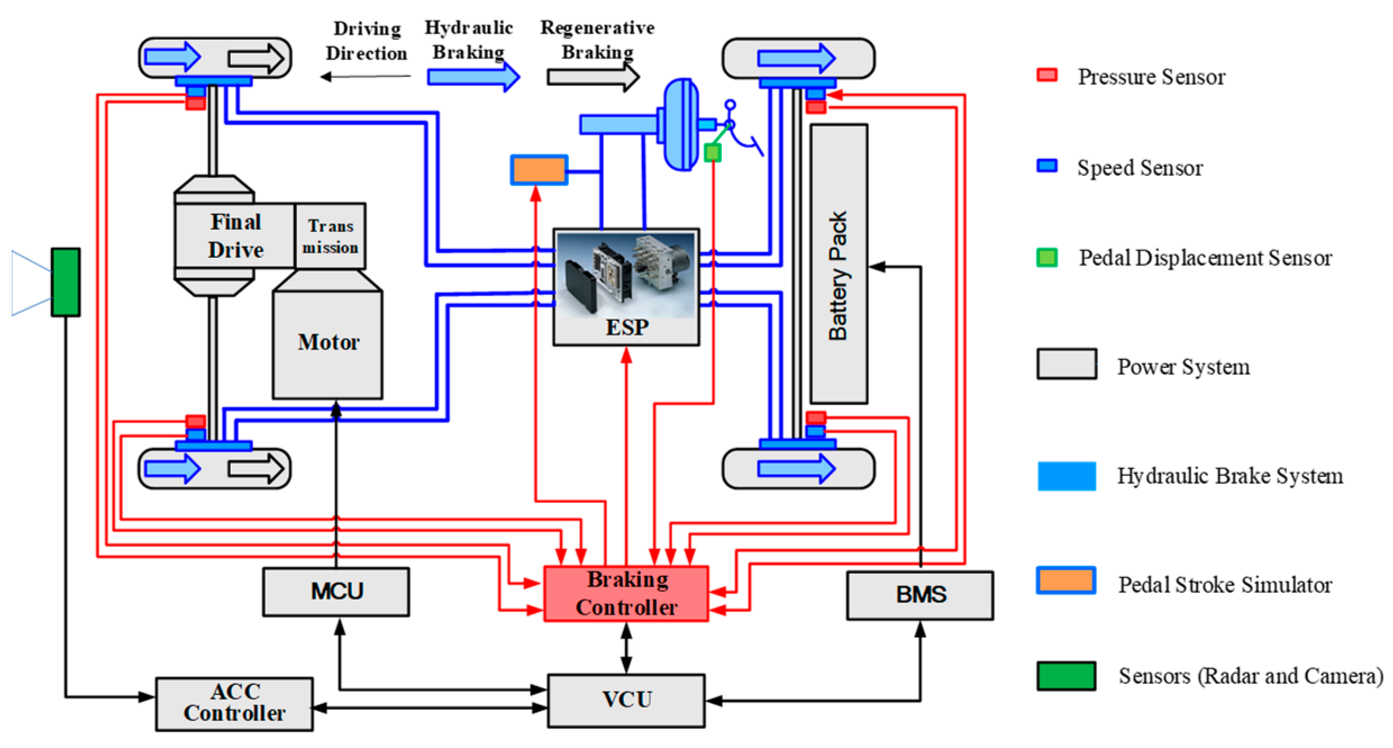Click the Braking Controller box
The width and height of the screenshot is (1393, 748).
[x=626, y=593]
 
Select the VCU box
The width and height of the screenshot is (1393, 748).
[x=626, y=700]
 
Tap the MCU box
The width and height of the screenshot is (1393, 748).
[x=336, y=591]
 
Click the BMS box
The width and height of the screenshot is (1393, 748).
[x=919, y=595]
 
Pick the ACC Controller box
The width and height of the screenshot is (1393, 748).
[x=234, y=703]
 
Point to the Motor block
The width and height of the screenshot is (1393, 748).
[x=328, y=343]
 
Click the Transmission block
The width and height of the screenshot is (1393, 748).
[x=330, y=236]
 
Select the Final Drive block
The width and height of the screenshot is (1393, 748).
[x=235, y=236]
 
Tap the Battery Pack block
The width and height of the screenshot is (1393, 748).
[x=838, y=264]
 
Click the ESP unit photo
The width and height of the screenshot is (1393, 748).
[x=626, y=275]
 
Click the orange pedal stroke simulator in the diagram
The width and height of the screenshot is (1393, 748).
[x=539, y=170]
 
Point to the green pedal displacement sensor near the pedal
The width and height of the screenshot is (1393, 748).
[x=712, y=152]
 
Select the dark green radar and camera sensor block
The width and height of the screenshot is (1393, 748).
[x=66, y=282]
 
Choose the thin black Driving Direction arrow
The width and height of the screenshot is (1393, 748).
[x=365, y=76]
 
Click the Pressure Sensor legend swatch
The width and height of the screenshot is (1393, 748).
[x=1047, y=75]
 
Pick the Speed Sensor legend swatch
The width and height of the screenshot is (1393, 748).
[x=1047, y=166]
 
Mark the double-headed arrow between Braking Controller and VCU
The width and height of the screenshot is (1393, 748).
[x=626, y=648]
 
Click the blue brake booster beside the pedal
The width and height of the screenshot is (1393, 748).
[x=681, y=124]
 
